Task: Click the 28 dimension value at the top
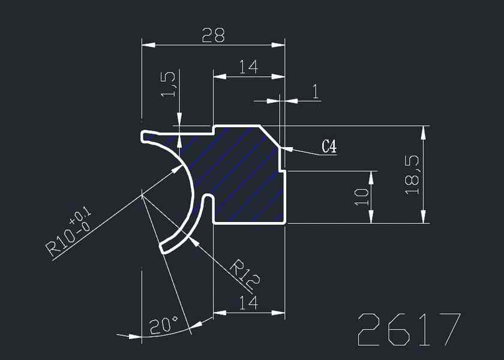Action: [213, 37]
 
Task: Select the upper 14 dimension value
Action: [248, 67]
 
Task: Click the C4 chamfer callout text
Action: [328, 146]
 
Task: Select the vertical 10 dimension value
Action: [361, 197]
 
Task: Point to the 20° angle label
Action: [163, 326]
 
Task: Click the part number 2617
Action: [409, 329]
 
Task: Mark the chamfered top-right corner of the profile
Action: [269, 136]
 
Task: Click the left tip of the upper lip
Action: [143, 137]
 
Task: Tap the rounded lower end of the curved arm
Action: [163, 247]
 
